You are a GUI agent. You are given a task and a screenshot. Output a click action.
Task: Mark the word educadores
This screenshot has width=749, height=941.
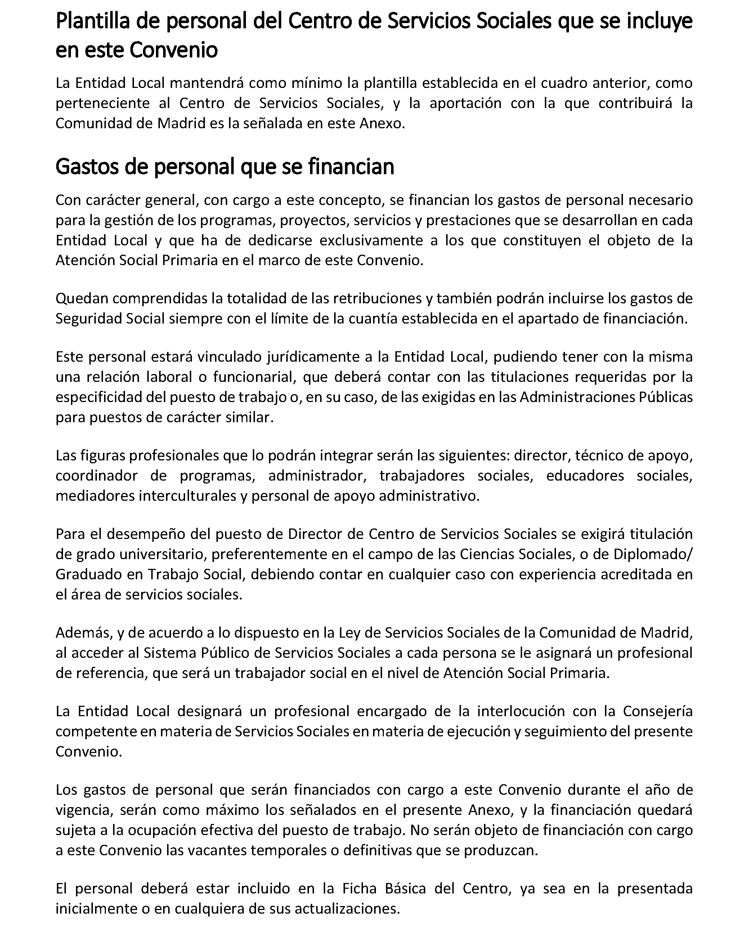585,476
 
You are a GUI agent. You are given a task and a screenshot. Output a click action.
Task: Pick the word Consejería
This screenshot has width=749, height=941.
658,712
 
